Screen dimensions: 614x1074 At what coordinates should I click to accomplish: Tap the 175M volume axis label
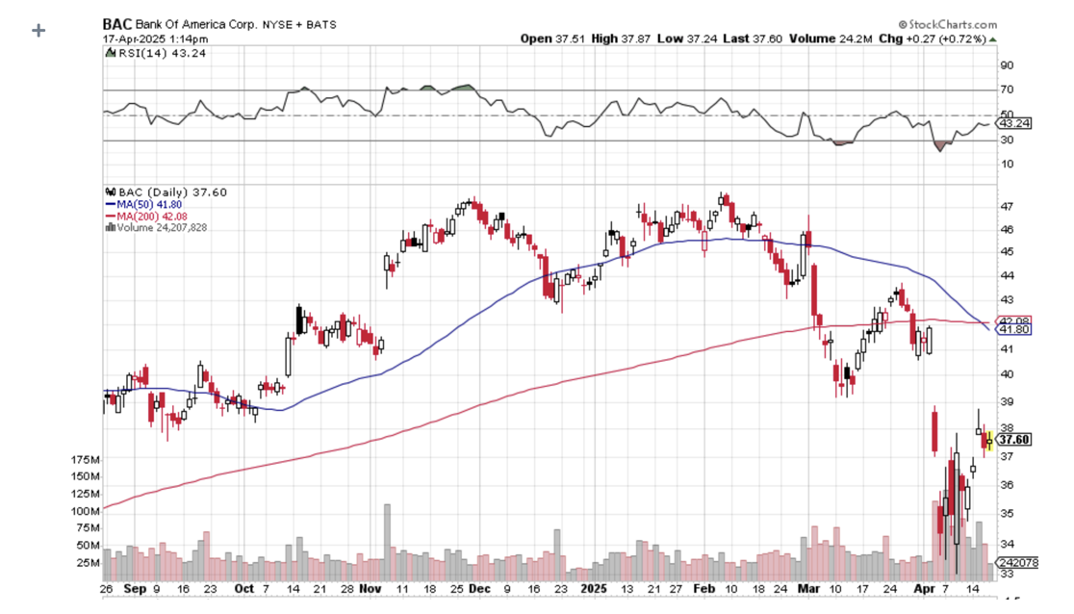click(x=86, y=461)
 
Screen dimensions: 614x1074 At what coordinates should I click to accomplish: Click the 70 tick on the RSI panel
click(x=1007, y=90)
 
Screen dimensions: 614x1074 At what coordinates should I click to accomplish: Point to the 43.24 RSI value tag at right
click(x=1016, y=123)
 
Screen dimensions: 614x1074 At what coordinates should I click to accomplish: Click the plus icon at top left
click(x=38, y=30)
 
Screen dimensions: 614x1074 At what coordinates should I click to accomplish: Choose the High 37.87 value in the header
click(x=618, y=38)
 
